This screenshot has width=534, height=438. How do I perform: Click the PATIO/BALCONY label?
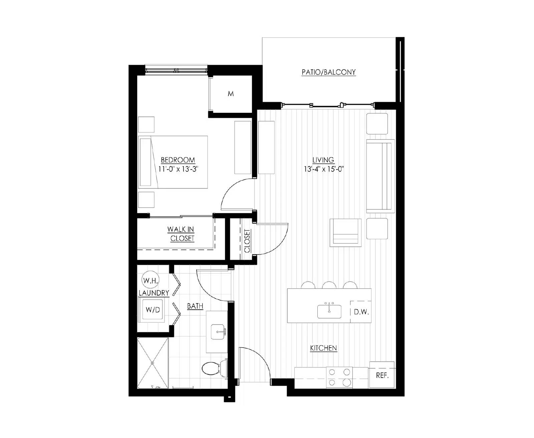(x=328, y=72)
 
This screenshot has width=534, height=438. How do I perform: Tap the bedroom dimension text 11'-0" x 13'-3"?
(x=178, y=169)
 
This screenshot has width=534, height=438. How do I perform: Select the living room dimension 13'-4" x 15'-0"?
(x=323, y=169)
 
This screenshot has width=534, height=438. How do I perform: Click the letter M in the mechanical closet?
(x=231, y=94)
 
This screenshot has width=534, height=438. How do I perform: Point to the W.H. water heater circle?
(x=151, y=280)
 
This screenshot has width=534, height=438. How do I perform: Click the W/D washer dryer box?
(x=153, y=310)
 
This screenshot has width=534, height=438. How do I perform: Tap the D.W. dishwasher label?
(x=361, y=312)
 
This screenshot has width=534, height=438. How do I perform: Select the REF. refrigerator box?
(x=382, y=375)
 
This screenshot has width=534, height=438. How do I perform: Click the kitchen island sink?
(x=329, y=311)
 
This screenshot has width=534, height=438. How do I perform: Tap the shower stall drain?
(x=153, y=363)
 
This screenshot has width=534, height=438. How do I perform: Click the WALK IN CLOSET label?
(x=182, y=234)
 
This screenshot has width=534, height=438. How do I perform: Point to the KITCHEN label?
(x=323, y=348)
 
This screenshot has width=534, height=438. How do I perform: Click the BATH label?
(x=195, y=306)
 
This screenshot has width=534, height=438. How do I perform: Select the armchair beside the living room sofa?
(x=345, y=232)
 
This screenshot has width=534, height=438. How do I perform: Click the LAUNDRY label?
(x=154, y=293)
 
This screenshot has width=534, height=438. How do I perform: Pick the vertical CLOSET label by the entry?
(x=247, y=241)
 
